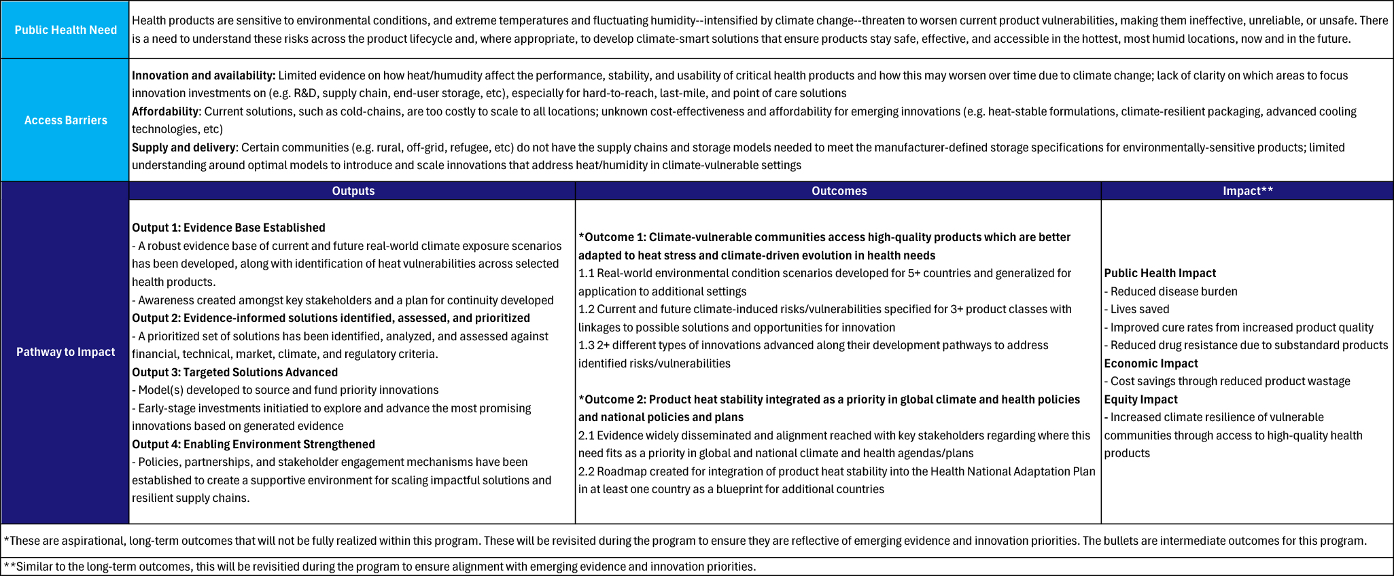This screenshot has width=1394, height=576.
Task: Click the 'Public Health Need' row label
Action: tap(65, 30)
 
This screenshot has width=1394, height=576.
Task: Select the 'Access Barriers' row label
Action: tap(65, 120)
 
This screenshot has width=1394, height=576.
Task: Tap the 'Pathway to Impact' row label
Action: tap(65, 352)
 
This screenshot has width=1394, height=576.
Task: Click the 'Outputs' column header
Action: tap(353, 191)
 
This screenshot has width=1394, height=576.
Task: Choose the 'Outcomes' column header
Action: tap(839, 191)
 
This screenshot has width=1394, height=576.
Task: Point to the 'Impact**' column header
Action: tap(1247, 191)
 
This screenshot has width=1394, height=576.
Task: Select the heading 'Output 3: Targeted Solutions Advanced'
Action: tap(234, 372)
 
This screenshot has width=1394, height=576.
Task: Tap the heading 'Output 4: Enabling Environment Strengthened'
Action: tap(253, 444)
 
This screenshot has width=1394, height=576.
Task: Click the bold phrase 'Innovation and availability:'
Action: tap(203, 75)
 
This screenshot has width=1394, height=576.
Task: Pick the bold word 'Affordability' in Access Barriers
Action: tap(165, 111)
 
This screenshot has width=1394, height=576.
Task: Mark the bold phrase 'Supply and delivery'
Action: tap(184, 147)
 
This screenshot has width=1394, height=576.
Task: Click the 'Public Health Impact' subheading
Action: tap(1160, 273)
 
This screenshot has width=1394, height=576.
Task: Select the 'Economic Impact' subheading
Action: tap(1151, 363)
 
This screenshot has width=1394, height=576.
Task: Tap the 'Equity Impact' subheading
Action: tap(1140, 399)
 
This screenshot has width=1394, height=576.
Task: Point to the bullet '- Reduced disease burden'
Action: tap(1170, 291)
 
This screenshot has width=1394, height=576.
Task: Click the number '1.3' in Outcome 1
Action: tap(586, 345)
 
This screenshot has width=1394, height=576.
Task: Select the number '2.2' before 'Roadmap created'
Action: tap(586, 471)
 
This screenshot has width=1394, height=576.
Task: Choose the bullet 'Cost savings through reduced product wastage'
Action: tap(1230, 381)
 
